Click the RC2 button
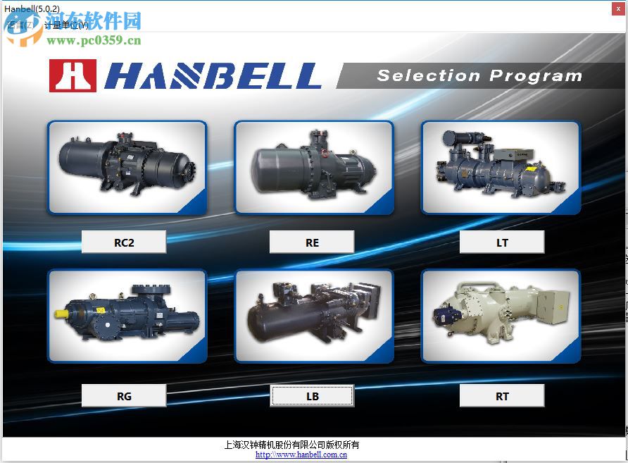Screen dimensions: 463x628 (124, 242)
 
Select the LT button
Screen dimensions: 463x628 (501, 242)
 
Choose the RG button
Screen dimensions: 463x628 (124, 395)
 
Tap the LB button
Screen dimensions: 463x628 (312, 395)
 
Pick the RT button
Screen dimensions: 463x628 (501, 395)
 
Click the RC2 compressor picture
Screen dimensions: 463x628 (127, 167)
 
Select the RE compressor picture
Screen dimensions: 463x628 (313, 167)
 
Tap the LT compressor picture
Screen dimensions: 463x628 (501, 167)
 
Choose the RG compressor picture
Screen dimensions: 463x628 (127, 316)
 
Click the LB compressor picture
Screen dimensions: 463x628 (313, 316)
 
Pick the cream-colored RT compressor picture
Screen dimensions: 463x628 (501, 316)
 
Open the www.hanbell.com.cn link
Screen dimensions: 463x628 (301, 455)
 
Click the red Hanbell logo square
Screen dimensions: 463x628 (73, 75)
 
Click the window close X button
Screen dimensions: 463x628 (615, 8)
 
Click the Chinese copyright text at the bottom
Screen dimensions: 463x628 (291, 445)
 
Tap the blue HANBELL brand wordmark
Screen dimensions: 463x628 (213, 76)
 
